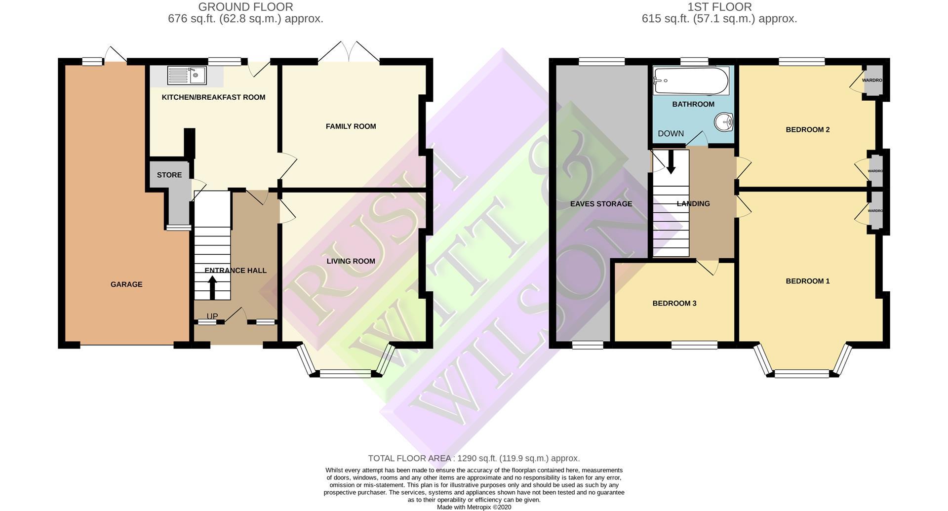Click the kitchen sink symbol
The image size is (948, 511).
pos(187,76)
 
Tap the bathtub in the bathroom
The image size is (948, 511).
pos(691,80)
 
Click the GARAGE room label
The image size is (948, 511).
pos(126,284)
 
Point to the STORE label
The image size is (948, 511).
pos(169,175)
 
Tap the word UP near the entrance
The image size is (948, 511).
pos(212,316)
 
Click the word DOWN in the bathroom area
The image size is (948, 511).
pos(671,133)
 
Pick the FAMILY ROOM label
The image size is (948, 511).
pos(351,126)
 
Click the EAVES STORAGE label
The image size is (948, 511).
pos(601,204)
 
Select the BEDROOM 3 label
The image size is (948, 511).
pos(674,303)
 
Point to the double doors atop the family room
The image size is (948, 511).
pos(349,52)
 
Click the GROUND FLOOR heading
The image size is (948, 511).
pos(245,7)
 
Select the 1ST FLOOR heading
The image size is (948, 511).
pos(719,7)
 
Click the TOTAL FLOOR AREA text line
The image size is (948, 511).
pos(474,458)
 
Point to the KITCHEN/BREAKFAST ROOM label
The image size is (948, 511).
pos(213,97)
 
